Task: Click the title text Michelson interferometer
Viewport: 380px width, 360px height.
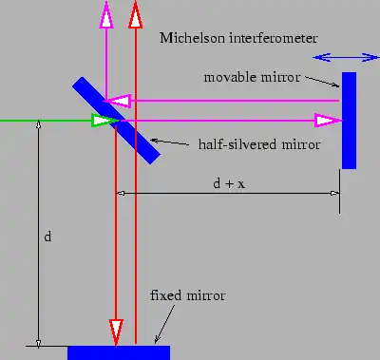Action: [x=238, y=37]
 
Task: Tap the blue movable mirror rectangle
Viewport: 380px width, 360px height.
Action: [x=349, y=120]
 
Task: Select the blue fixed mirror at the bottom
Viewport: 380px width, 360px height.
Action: [x=119, y=352]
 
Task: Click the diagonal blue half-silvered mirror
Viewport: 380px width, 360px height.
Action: [x=115, y=120]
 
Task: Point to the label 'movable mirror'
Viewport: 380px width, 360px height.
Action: [x=251, y=76]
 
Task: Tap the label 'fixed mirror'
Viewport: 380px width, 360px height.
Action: [x=188, y=296]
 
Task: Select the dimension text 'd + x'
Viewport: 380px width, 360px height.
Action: [x=229, y=182]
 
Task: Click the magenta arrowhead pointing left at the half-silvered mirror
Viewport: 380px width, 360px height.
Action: [x=115, y=100]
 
